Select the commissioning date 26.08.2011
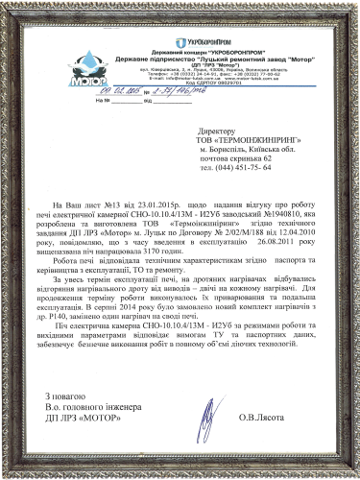click(x=259, y=244)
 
